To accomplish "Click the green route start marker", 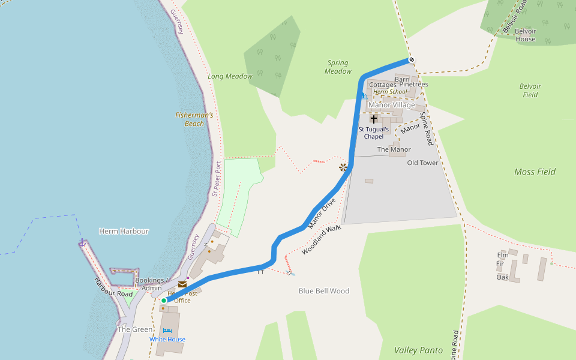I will (163, 301).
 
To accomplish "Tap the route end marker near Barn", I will (411, 59).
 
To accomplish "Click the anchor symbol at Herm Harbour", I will (82, 242).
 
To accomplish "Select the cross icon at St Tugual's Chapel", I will (374, 119).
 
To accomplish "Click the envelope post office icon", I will (182, 284).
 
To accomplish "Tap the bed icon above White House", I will (167, 331).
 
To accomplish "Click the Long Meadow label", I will (230, 76).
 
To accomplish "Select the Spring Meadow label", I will (338, 67).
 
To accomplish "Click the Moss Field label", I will (535, 172).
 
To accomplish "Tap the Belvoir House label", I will (525, 35).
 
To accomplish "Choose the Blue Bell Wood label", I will (324, 291).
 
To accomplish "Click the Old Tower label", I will (422, 163).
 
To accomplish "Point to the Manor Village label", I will (391, 105).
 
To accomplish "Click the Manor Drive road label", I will (321, 214).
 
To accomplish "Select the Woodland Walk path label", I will (322, 239).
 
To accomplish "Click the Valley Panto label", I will (418, 350).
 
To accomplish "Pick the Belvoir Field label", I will (530, 90).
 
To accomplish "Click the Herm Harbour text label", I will (124, 231).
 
